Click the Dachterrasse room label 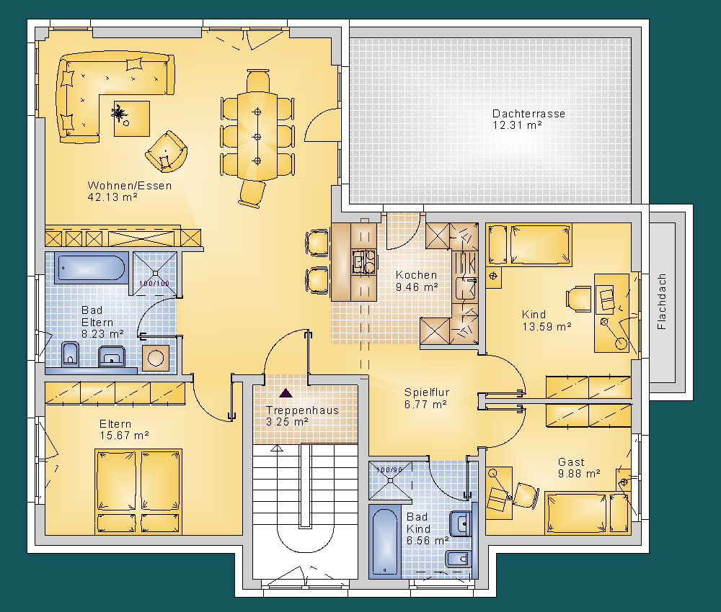[x=528, y=114]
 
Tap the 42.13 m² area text [x=112, y=197]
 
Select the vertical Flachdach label [x=662, y=302]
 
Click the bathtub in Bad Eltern [x=92, y=268]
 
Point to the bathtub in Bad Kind [x=385, y=541]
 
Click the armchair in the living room [x=167, y=151]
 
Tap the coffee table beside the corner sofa [x=132, y=119]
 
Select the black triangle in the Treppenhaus [x=286, y=393]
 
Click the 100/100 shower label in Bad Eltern [x=154, y=283]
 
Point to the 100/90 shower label [x=389, y=469]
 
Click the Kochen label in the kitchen [x=416, y=275]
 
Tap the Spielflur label [x=427, y=392]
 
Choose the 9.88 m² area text [x=579, y=474]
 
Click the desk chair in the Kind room [x=578, y=299]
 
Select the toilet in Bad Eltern [x=70, y=354]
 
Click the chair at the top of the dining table [x=258, y=81]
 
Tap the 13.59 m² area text [x=547, y=327]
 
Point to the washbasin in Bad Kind [x=460, y=524]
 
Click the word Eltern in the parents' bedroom [x=115, y=424]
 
